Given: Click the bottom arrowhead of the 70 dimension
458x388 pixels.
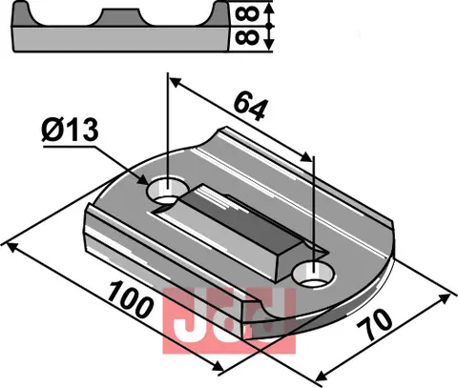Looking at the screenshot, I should [x=315, y=378].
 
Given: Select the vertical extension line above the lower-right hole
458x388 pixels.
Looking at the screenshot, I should [x=314, y=210].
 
